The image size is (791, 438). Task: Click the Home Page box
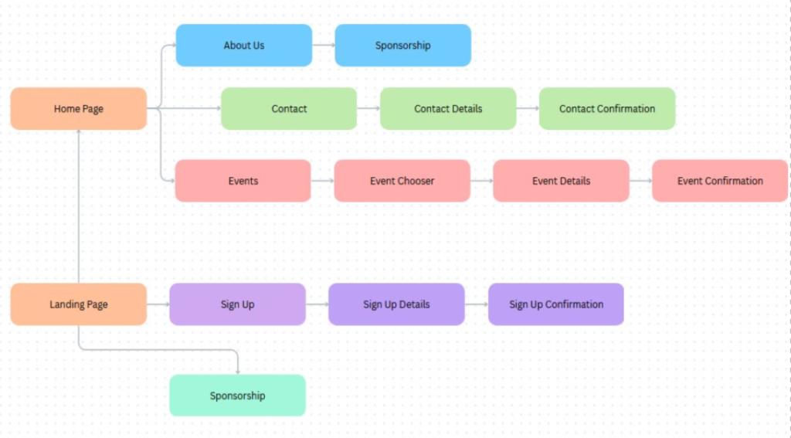click(78, 109)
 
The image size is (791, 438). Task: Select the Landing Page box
click(78, 304)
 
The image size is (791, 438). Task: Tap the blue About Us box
click(243, 46)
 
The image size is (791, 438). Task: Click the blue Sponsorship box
click(402, 46)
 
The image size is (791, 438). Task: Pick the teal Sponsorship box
click(237, 396)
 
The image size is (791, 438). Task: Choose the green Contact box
click(289, 109)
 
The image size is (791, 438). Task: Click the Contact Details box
click(448, 109)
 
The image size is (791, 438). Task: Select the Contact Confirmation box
click(607, 109)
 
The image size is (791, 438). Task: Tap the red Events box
click(243, 181)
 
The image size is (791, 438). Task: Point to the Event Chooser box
click(402, 181)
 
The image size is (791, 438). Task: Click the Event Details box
click(561, 181)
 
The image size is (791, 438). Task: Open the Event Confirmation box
click(720, 181)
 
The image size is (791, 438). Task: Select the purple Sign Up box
click(237, 304)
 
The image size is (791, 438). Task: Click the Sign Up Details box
click(396, 304)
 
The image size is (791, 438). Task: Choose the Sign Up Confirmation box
click(555, 304)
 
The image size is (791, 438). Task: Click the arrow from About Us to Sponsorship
click(324, 46)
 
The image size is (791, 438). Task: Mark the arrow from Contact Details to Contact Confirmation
click(528, 109)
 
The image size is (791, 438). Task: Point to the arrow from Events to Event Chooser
click(323, 181)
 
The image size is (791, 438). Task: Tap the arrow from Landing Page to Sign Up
click(158, 304)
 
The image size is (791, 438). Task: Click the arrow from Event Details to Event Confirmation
click(641, 181)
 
